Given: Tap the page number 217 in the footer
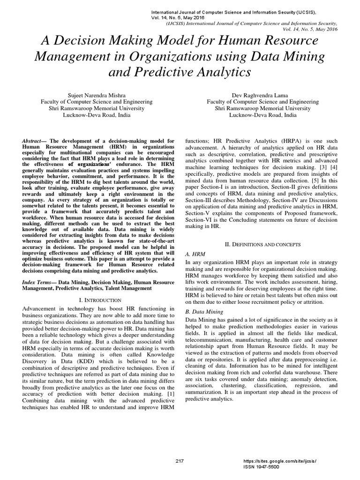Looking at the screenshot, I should [x=179, y=461].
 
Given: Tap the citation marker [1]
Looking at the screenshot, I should [x=169, y=394].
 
